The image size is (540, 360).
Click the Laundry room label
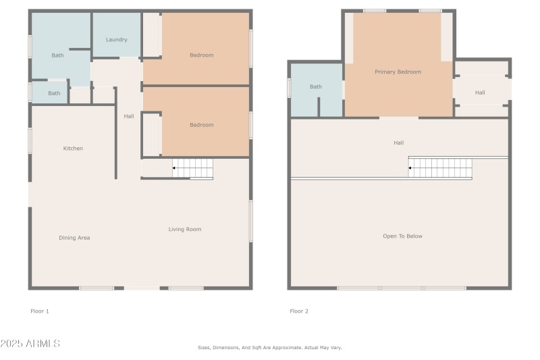tap(116, 40)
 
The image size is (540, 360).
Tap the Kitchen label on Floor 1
tap(73, 149)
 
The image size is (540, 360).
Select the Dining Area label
tap(74, 238)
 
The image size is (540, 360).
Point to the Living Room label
tap(185, 230)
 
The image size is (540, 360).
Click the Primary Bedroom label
tap(398, 72)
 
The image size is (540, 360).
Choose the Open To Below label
tap(402, 236)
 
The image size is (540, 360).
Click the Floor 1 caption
tap(40, 311)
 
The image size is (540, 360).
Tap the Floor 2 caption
tap(299, 311)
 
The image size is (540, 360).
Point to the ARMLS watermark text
tap(30, 344)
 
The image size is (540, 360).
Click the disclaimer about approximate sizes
tap(270, 348)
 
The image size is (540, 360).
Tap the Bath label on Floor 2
tap(316, 86)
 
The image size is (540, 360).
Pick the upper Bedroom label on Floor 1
tap(201, 55)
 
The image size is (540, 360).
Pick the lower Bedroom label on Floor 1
tap(201, 125)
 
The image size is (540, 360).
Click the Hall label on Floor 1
tap(128, 116)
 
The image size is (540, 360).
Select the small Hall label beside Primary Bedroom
tap(480, 93)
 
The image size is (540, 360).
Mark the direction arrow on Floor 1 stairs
tap(175, 168)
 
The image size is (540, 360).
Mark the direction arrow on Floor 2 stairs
tap(411, 166)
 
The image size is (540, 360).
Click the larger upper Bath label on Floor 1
tap(58, 55)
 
